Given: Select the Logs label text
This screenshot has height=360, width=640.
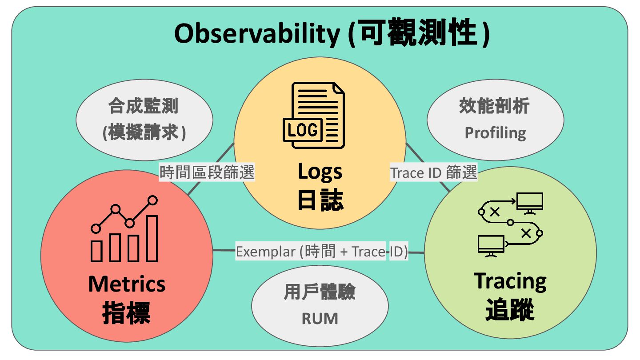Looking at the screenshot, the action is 320,172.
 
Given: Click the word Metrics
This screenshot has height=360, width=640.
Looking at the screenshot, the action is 127,284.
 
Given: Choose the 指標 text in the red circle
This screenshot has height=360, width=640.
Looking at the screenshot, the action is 127,313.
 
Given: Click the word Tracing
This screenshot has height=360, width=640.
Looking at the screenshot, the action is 510,281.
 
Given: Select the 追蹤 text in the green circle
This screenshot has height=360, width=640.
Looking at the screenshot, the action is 510,310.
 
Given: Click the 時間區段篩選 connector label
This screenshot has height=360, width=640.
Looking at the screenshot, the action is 207,172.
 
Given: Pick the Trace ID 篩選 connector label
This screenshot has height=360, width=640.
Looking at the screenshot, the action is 433,172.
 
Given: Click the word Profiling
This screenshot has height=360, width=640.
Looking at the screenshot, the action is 495,133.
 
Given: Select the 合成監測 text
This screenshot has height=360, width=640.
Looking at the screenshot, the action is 143,107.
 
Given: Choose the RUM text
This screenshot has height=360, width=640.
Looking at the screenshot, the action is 320,318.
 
